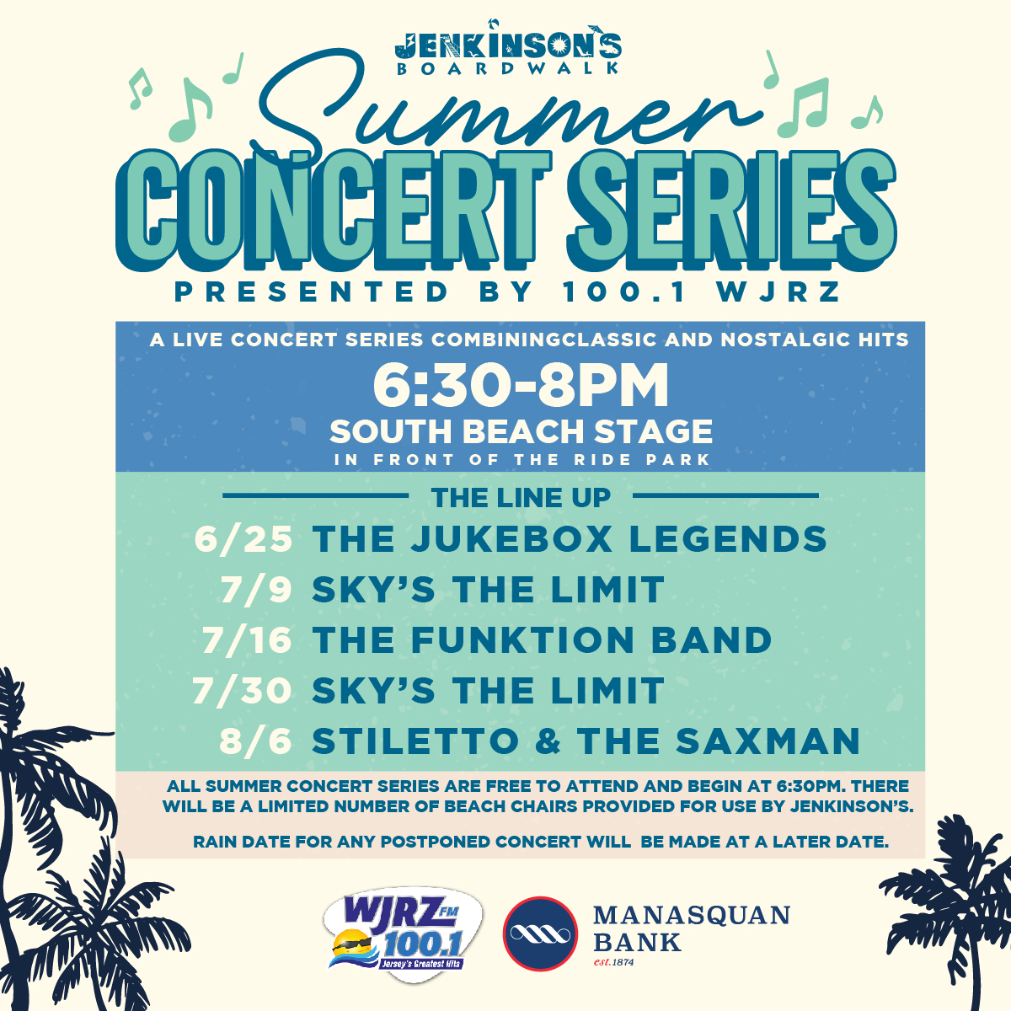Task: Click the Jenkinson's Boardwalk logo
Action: [x=508, y=48]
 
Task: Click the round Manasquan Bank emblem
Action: [x=540, y=933]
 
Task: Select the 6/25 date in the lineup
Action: [x=243, y=539]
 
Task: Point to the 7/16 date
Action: [x=247, y=640]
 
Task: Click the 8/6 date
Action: [x=255, y=741]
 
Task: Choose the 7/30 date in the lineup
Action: [x=242, y=691]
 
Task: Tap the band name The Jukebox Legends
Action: [x=570, y=539]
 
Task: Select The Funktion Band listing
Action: [x=542, y=640]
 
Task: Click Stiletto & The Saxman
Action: [x=586, y=741]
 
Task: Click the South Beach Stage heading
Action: [x=521, y=431]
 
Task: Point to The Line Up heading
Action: [x=521, y=497]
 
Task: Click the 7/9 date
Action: [x=255, y=589]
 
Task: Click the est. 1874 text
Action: [x=613, y=962]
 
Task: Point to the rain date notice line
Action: [x=541, y=842]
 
